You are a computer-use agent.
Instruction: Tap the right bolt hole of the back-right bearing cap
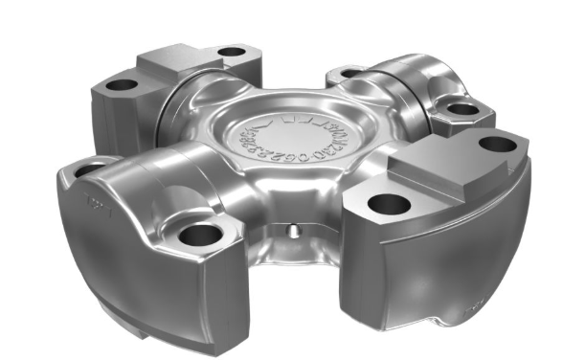tap(462, 108)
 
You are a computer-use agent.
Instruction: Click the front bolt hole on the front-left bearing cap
tap(199, 232)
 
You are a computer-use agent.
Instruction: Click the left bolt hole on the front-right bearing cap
tap(387, 203)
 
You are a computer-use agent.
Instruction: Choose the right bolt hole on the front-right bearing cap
tap(497, 145)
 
